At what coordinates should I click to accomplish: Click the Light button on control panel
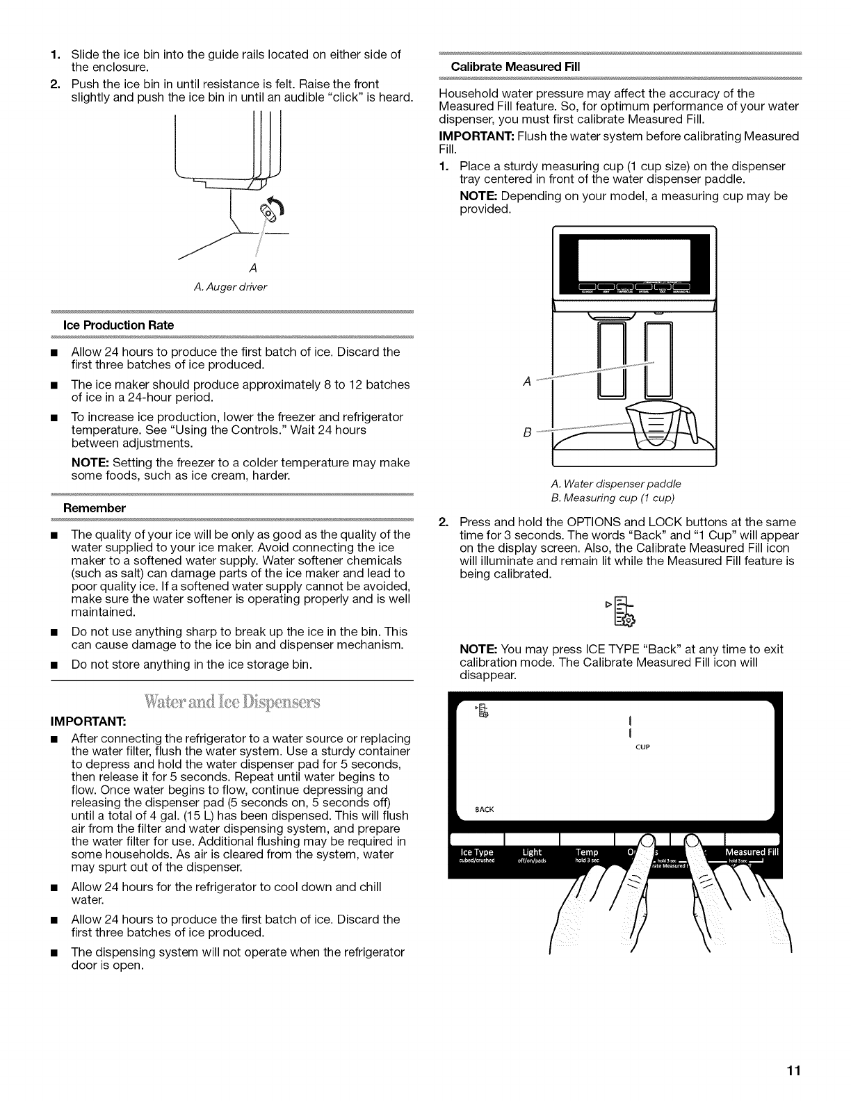tap(532, 855)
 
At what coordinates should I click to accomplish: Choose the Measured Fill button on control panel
tap(752, 855)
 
